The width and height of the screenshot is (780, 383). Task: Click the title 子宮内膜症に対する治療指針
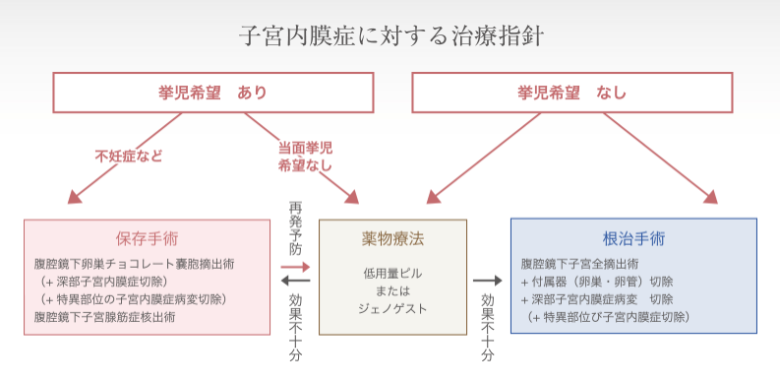click(390, 36)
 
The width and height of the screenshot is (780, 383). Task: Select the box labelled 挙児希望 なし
click(571, 94)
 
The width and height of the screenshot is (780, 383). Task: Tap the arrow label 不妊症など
click(129, 156)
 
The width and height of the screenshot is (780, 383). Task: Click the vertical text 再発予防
click(295, 228)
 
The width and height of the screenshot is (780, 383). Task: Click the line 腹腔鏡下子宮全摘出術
click(580, 264)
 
